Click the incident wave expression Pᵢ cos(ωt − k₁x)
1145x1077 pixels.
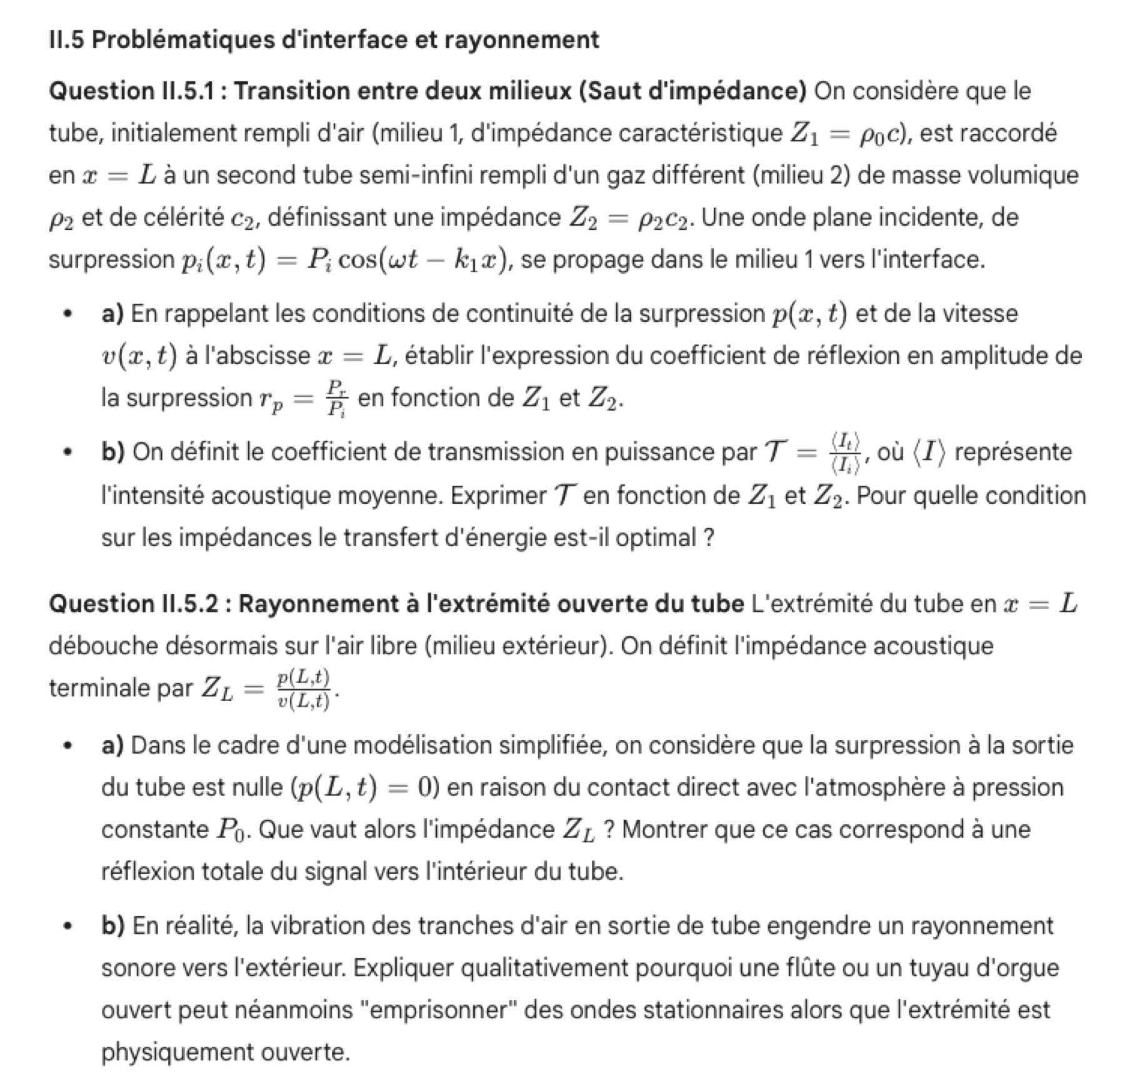[x=406, y=260]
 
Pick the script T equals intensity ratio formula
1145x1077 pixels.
[x=812, y=452]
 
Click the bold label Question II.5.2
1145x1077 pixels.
[x=134, y=604]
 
